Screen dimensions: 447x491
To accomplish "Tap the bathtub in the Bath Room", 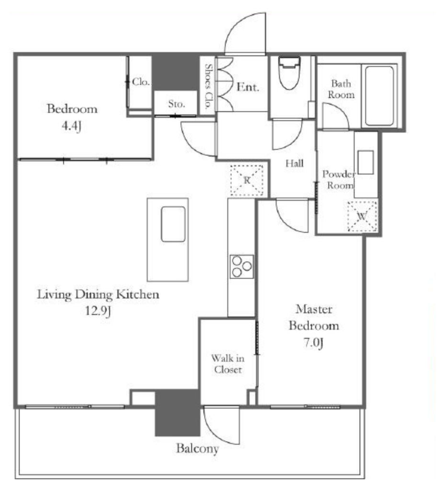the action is pos(379,96).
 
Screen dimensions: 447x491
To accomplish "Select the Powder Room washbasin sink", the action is pos(366,162).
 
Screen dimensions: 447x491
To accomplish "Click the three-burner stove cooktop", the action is pos(241,267).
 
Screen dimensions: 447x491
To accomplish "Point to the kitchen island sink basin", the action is pos(173,224).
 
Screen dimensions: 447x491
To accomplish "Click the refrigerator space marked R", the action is pos(247,180).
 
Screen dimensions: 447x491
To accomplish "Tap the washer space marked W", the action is pos(362,216).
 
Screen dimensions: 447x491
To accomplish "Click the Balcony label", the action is pos(197,448).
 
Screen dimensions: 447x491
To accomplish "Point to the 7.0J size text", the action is pos(313,342).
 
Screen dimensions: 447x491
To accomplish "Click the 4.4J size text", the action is pos(72,126).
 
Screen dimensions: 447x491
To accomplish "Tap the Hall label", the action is pos(294,163).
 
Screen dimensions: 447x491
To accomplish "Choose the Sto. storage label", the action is pos(176,104).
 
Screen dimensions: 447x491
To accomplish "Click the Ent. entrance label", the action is pos(248,87).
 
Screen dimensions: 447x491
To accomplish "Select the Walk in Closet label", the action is pos(228,363).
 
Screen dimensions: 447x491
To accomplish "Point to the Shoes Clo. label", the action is pos(208,86).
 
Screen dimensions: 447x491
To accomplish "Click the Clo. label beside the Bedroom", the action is pos(141,82).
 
